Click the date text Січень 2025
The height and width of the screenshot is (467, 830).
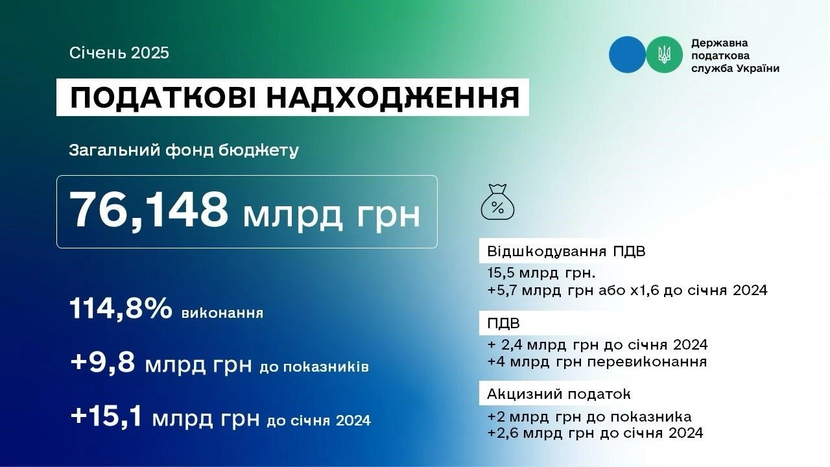119,53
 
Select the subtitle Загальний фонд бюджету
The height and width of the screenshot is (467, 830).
184,151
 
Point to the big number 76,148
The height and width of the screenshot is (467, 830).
148,211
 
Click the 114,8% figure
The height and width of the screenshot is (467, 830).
120,310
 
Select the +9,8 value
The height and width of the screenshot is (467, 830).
103,363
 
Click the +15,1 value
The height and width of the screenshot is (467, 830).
106,416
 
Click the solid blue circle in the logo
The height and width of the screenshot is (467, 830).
627,54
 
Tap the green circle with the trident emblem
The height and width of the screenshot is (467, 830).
664,54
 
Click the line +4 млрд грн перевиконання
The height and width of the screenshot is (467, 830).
597,361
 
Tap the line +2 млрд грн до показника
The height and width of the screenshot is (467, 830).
589,416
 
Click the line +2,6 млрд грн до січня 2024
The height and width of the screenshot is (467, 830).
595,433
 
